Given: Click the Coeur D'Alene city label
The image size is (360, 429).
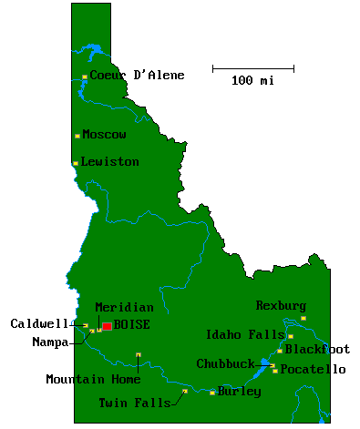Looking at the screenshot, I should click(137, 76).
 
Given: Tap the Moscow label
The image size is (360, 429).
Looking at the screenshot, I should click(104, 135).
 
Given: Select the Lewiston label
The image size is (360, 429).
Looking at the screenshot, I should click(109, 162).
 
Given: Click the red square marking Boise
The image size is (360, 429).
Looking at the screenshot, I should click(107, 325).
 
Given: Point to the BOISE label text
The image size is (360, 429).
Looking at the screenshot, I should click(131, 324).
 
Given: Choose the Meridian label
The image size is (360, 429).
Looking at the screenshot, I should click(124, 308).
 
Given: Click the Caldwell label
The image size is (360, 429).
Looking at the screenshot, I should click(39, 323).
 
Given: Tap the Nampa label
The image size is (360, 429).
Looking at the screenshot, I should click(50, 342).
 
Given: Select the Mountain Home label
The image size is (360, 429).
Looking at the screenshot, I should click(93, 380).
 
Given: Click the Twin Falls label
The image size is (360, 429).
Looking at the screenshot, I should click(134, 402).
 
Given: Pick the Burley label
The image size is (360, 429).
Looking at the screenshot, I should click(240, 392).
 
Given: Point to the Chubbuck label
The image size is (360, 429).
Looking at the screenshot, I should click(225, 363).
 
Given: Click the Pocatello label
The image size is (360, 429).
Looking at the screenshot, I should click(313, 370).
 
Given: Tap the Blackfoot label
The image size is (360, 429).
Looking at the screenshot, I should click(317, 349).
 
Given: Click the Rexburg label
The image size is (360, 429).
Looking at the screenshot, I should click(281, 306).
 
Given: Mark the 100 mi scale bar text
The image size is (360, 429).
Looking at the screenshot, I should click(252, 81).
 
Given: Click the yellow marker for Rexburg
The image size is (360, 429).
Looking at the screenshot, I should click(303, 318).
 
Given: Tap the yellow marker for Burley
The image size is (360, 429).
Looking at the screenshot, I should click(212, 393).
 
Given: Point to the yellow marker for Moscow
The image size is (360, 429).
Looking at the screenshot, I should click(77, 136).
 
